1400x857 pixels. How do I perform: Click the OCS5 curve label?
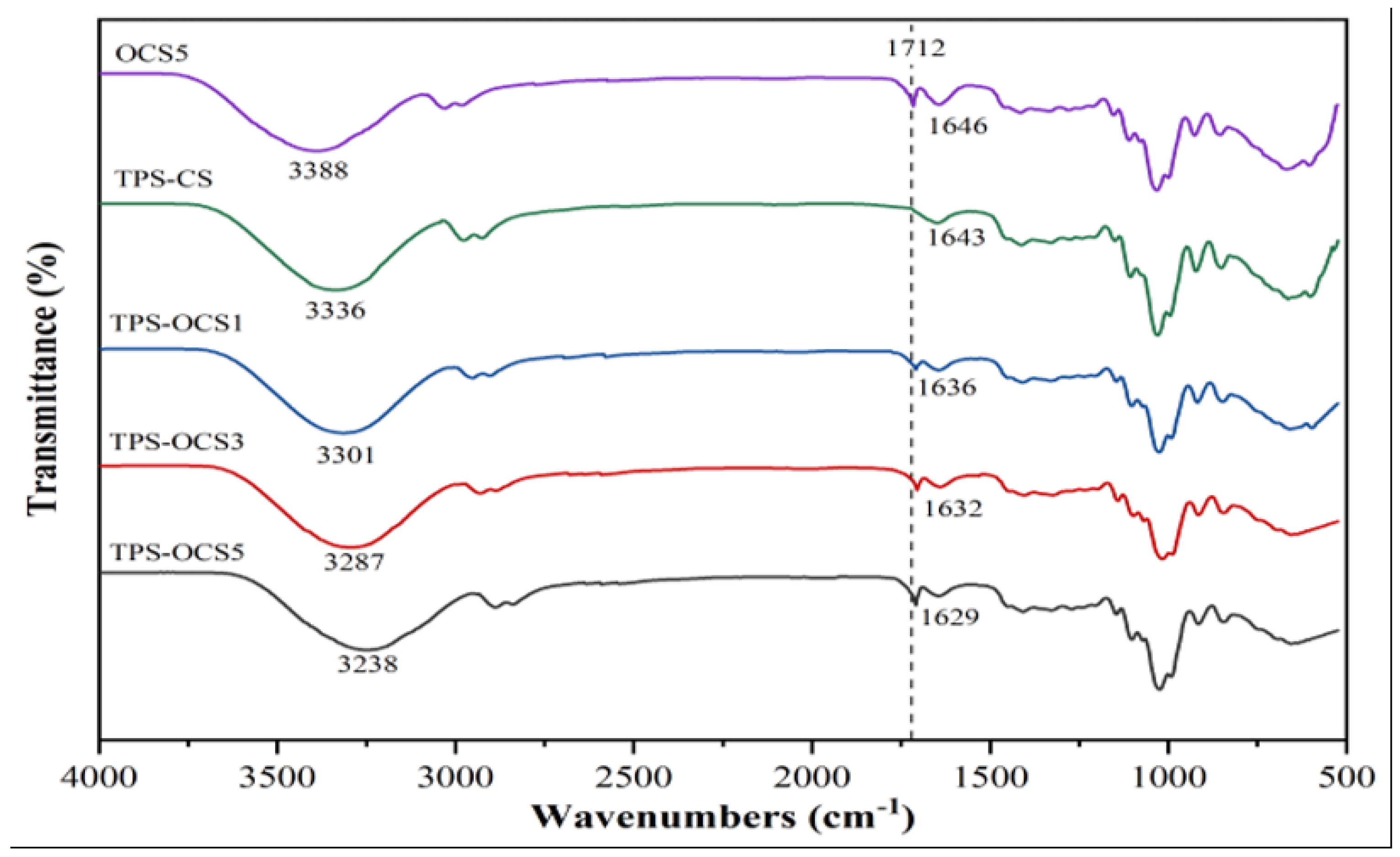tap(151, 54)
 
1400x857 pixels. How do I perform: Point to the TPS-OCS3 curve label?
tap(177, 442)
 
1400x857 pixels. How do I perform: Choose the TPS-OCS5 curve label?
tap(177, 552)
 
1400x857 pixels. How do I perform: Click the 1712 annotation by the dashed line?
tap(916, 49)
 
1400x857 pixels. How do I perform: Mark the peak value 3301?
tap(346, 455)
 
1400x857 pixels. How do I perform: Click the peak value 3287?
tap(354, 562)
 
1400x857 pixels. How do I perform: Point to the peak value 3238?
tap(367, 663)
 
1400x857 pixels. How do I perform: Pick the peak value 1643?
tap(956, 237)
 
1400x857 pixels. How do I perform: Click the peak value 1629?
tap(949, 616)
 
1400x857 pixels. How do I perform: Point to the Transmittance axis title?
tap(44, 379)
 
